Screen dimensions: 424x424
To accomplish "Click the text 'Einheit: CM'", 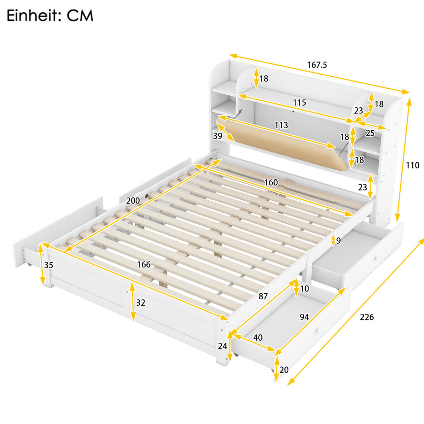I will coord(50,16).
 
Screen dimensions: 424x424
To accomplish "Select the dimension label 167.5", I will coord(317,65).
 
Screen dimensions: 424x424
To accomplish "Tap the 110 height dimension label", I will coord(412,165).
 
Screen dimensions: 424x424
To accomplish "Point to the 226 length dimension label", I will coord(367,317).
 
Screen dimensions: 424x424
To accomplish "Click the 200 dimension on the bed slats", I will coord(133,201).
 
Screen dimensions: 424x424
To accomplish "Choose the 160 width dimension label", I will coord(271,182).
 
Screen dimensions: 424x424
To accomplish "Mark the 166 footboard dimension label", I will coord(144,264).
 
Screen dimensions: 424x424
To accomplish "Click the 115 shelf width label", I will coord(299,102).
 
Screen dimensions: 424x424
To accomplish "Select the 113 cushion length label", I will coord(281,125).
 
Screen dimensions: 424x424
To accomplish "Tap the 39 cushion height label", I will coord(217,136).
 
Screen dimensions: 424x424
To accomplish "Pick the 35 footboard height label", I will coord(49,265).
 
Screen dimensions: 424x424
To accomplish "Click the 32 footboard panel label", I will coord(141,303).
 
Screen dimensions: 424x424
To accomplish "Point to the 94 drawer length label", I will coord(304,317).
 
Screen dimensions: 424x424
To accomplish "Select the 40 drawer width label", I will coord(258,337).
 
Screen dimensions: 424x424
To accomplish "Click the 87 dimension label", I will coord(263,296).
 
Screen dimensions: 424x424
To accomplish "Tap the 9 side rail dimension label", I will coord(338,241).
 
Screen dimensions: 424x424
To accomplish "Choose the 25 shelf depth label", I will coord(370,133).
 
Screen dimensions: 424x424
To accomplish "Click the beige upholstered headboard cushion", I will coord(283,145).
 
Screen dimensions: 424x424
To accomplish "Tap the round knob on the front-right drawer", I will coord(317,330).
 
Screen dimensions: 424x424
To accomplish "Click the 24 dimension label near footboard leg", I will coord(222,346).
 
